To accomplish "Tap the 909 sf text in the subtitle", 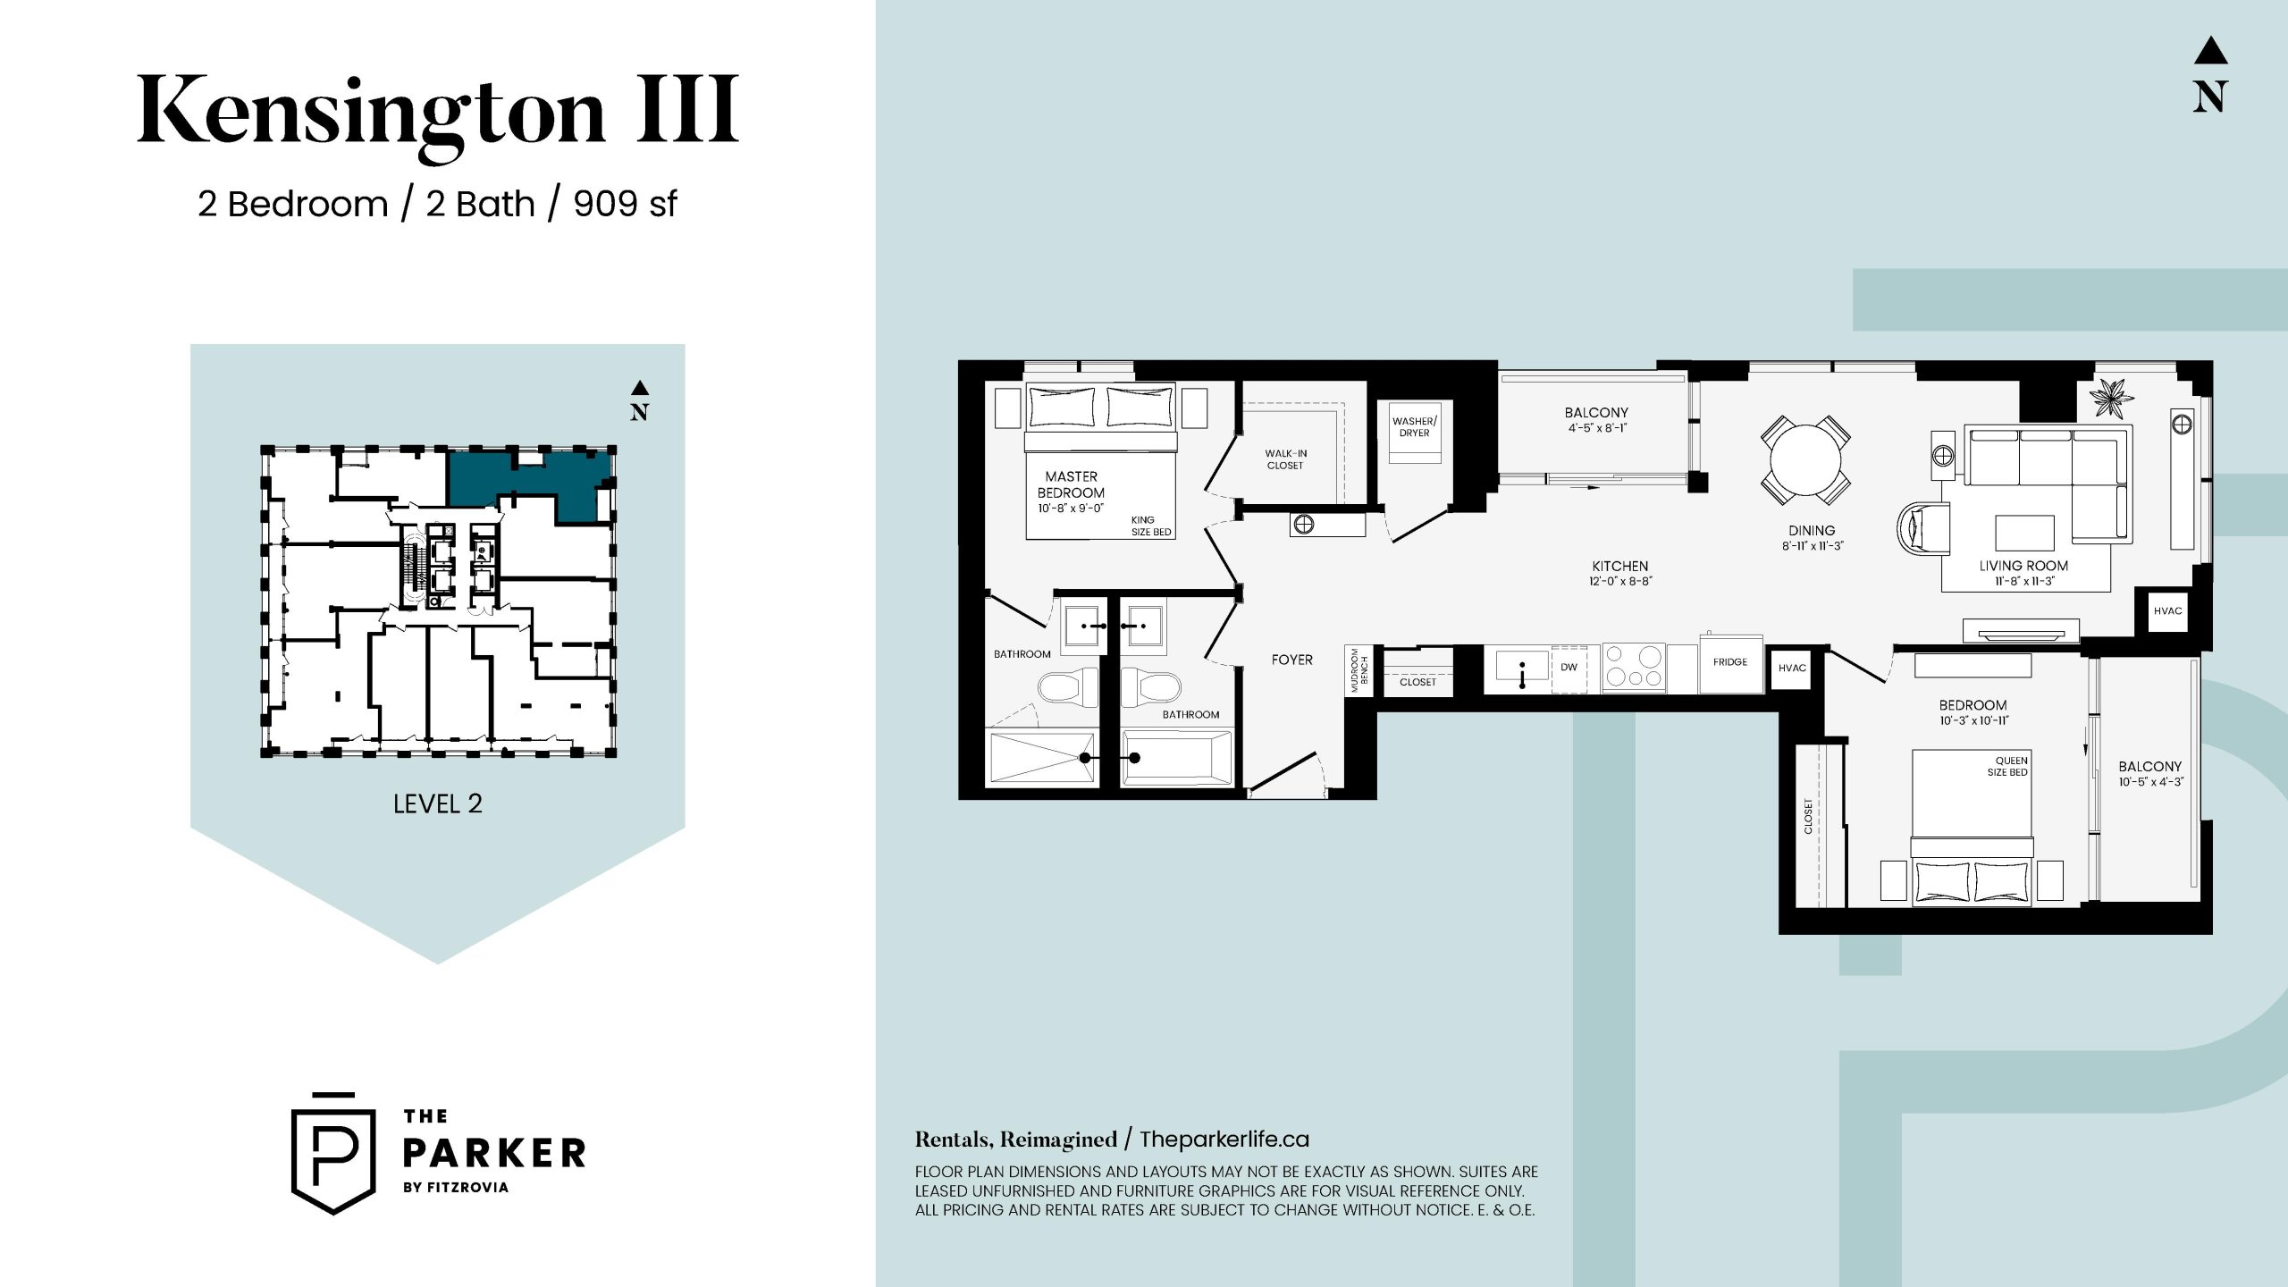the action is [625, 204].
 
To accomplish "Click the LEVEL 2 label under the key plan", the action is [438, 803].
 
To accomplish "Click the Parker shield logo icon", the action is [333, 1154].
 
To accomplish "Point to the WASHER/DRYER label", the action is [1415, 427].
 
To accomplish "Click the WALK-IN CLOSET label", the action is [1285, 459].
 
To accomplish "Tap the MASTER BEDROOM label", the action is [1071, 484].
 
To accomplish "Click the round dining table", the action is [1805, 460].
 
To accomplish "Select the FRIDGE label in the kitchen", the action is [1730, 662].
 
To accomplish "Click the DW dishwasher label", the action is [1569, 667].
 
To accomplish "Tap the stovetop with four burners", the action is [1634, 668].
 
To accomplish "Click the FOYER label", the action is [1292, 660].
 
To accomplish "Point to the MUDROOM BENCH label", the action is [1359, 670].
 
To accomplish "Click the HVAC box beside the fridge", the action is [1792, 669].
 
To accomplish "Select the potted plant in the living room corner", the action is [2110, 398].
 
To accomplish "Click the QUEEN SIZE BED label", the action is [2007, 767].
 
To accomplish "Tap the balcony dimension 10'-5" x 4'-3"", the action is [2150, 782].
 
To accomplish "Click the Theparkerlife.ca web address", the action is [1224, 1140].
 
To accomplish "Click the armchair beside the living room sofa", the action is [1922, 527].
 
